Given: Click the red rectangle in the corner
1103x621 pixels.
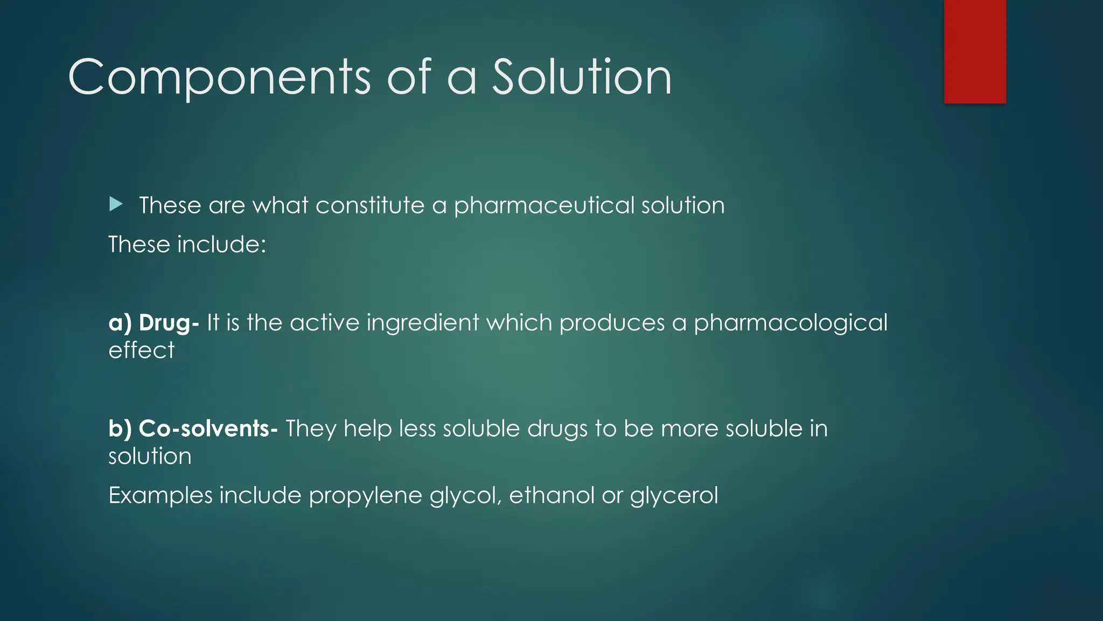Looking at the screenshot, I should tap(975, 51).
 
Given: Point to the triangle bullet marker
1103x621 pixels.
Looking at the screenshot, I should tap(116, 204).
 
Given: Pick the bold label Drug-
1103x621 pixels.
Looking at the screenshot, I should tap(169, 323).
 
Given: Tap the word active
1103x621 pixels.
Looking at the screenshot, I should tap(324, 322).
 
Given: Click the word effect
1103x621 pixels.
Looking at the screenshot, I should tap(141, 350).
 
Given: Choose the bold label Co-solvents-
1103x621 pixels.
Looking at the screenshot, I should tap(208, 429).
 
